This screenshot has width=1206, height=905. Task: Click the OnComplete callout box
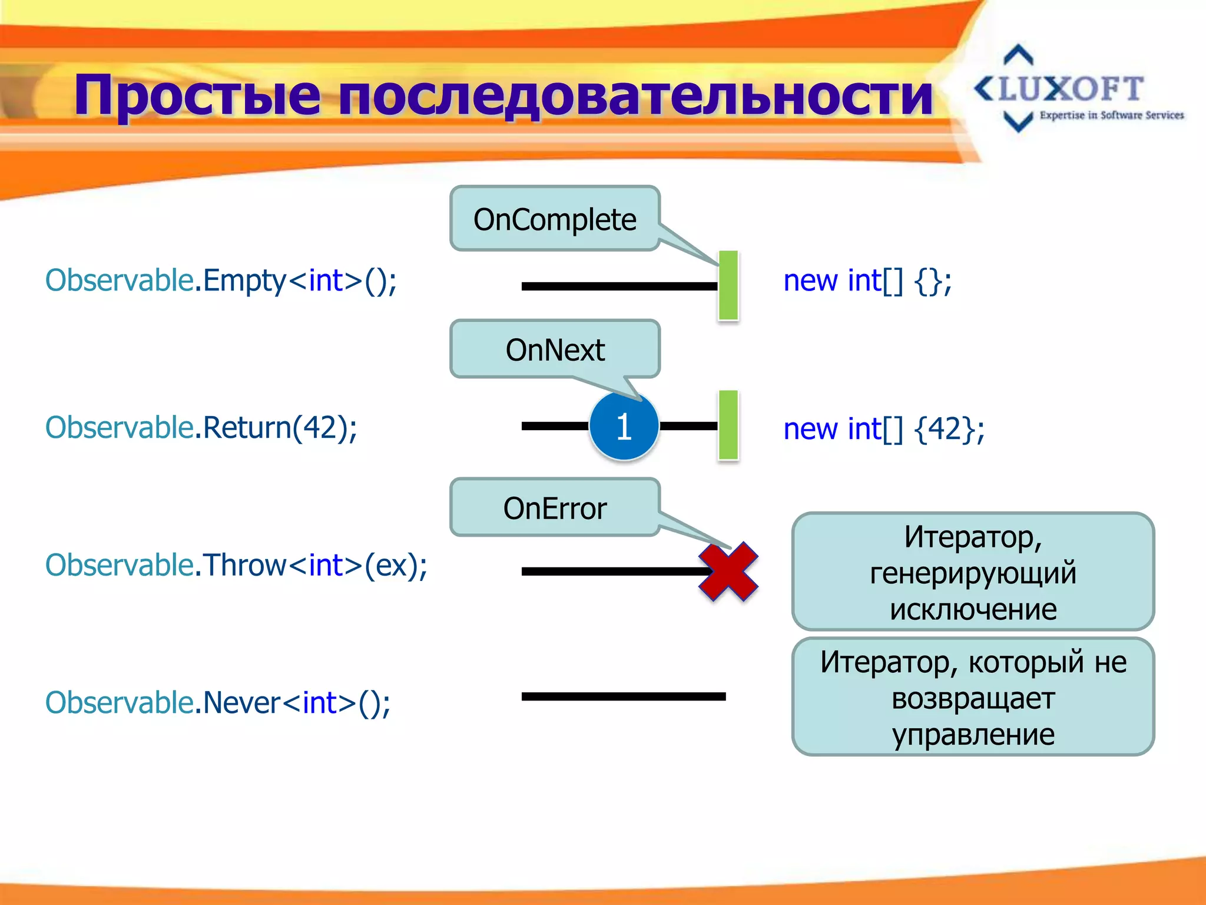pyautogui.click(x=555, y=219)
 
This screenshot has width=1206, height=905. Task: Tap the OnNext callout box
pyautogui.click(x=555, y=349)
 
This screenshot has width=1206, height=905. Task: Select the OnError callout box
pyautogui.click(x=555, y=508)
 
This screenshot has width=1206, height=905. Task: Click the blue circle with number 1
pyautogui.click(x=624, y=426)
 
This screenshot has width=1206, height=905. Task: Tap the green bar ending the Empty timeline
pyautogui.click(x=728, y=285)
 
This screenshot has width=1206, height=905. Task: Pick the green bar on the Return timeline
pyautogui.click(x=728, y=425)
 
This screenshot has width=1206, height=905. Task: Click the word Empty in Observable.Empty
pyautogui.click(x=244, y=280)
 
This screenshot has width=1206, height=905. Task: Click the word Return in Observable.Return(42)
pyautogui.click(x=247, y=428)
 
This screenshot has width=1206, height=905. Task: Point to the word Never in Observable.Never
pyautogui.click(x=241, y=702)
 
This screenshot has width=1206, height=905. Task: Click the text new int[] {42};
pyautogui.click(x=883, y=428)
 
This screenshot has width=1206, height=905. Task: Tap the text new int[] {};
pyautogui.click(x=867, y=280)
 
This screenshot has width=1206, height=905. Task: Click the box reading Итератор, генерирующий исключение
pyautogui.click(x=973, y=572)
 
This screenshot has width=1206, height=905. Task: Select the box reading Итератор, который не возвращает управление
pyautogui.click(x=973, y=697)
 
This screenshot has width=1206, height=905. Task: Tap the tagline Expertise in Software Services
pyautogui.click(x=1111, y=115)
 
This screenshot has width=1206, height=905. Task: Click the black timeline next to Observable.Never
pyautogui.click(x=623, y=696)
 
